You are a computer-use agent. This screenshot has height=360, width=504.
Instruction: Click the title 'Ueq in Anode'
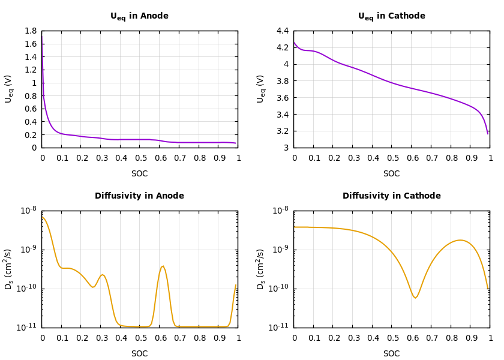click(x=139, y=16)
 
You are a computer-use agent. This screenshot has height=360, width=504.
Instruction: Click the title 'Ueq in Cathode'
click(x=391, y=16)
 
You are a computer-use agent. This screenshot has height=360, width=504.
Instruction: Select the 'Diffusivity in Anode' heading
click(x=139, y=196)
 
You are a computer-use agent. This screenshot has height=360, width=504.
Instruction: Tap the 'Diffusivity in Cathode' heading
click(x=391, y=196)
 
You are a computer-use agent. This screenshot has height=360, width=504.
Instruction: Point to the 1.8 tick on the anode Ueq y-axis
click(x=31, y=31)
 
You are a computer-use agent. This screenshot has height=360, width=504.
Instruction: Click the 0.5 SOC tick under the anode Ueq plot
click(x=140, y=158)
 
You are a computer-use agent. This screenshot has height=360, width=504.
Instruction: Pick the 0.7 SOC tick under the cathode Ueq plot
click(x=431, y=158)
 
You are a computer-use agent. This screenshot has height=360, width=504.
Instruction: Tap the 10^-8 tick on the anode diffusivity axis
click(x=29, y=211)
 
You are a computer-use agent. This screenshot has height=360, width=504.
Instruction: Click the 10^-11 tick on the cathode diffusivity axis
click(x=281, y=327)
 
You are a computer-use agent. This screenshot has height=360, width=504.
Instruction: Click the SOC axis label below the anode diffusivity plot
click(x=139, y=354)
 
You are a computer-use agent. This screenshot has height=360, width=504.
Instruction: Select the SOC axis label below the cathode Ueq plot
click(x=391, y=174)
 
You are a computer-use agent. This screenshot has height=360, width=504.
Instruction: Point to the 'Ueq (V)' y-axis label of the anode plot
click(x=9, y=89)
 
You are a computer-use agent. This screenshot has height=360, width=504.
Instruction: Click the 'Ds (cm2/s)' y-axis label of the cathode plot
click(x=261, y=269)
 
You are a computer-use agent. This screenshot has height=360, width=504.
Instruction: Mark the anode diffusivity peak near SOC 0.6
click(x=162, y=266)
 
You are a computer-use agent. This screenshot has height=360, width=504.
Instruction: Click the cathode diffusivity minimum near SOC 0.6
click(x=415, y=298)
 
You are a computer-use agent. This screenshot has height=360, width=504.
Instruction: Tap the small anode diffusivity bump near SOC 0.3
click(x=103, y=275)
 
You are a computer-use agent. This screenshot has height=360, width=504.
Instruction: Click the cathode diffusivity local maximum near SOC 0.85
click(x=460, y=240)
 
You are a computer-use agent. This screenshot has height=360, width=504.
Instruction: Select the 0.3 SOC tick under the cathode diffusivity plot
click(x=353, y=338)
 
